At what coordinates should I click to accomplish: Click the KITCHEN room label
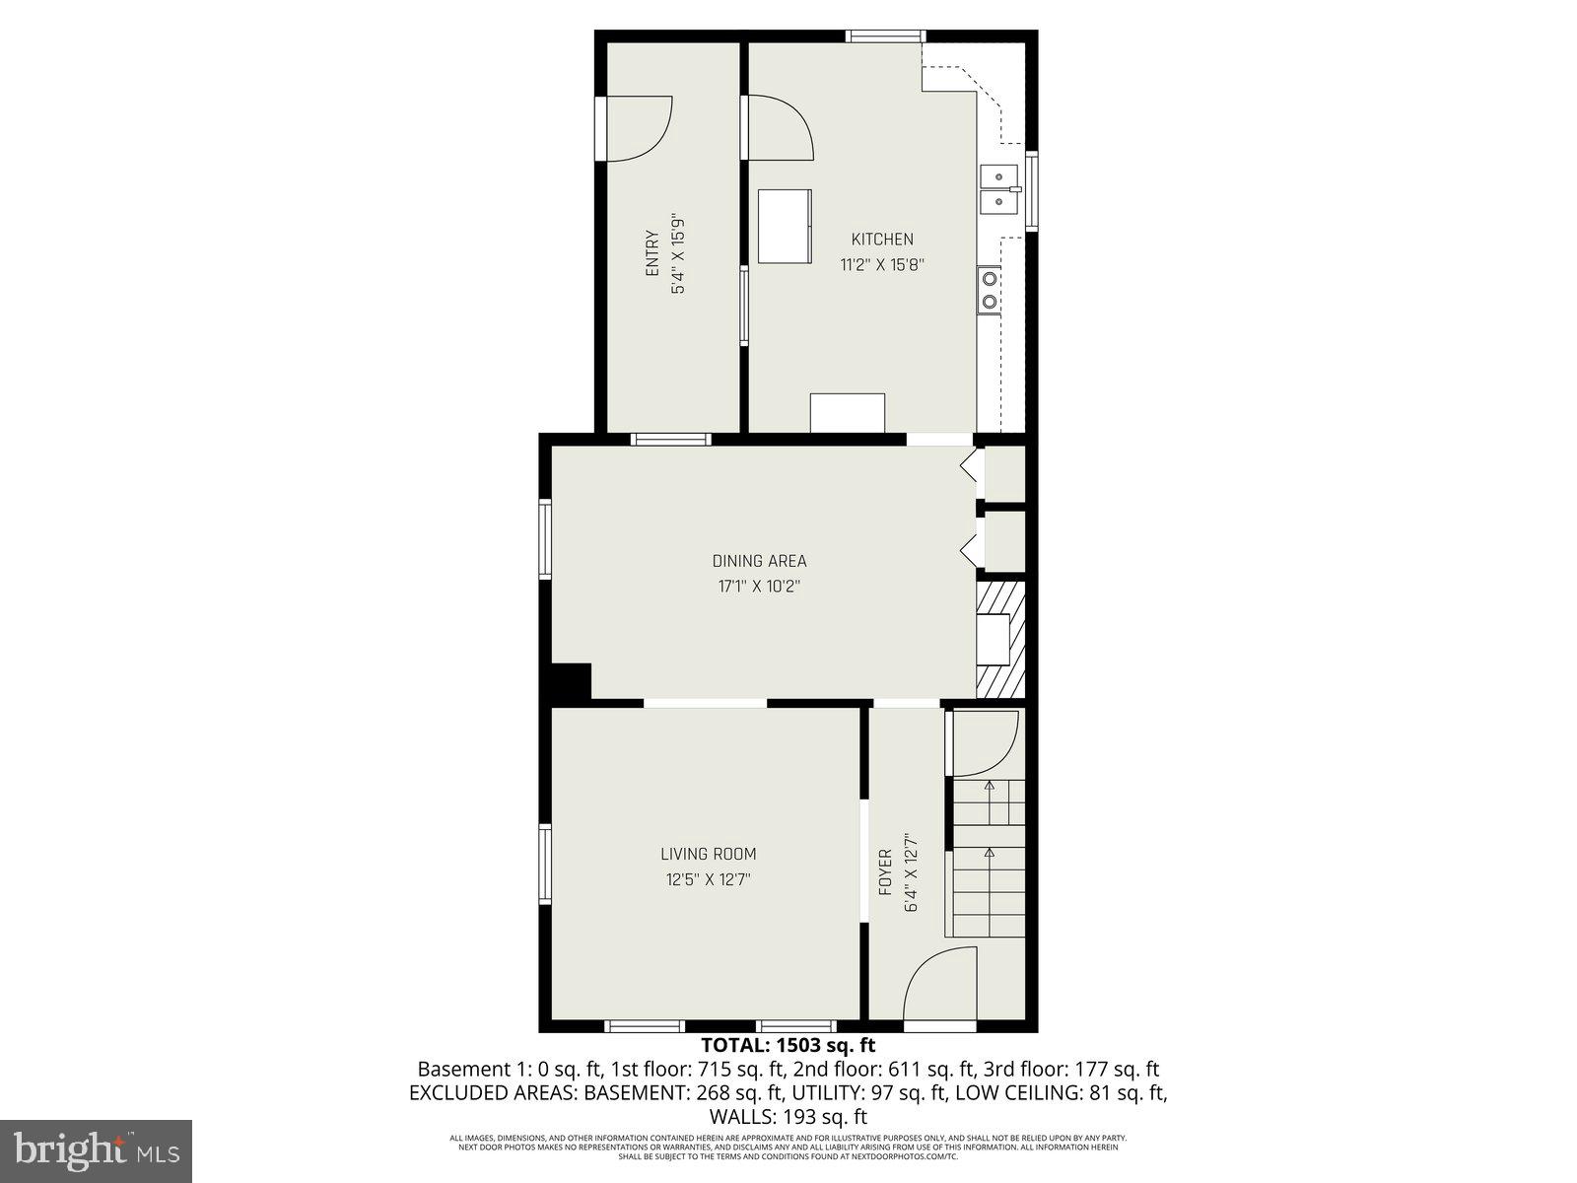pyautogui.click(x=882, y=239)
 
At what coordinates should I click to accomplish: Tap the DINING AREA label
pyautogui.click(x=759, y=561)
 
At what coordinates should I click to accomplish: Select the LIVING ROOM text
pyautogui.click(x=708, y=854)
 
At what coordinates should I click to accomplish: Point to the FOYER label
pyautogui.click(x=885, y=871)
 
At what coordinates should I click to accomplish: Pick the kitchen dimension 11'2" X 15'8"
pyautogui.click(x=882, y=264)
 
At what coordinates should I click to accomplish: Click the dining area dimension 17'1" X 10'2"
pyautogui.click(x=759, y=587)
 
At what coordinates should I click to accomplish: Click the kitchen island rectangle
pyautogui.click(x=785, y=226)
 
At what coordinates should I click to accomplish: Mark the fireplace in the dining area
pyautogui.click(x=999, y=639)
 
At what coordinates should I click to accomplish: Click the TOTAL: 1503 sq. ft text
pyautogui.click(x=788, y=1045)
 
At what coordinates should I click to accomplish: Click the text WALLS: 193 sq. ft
pyautogui.click(x=788, y=1117)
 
